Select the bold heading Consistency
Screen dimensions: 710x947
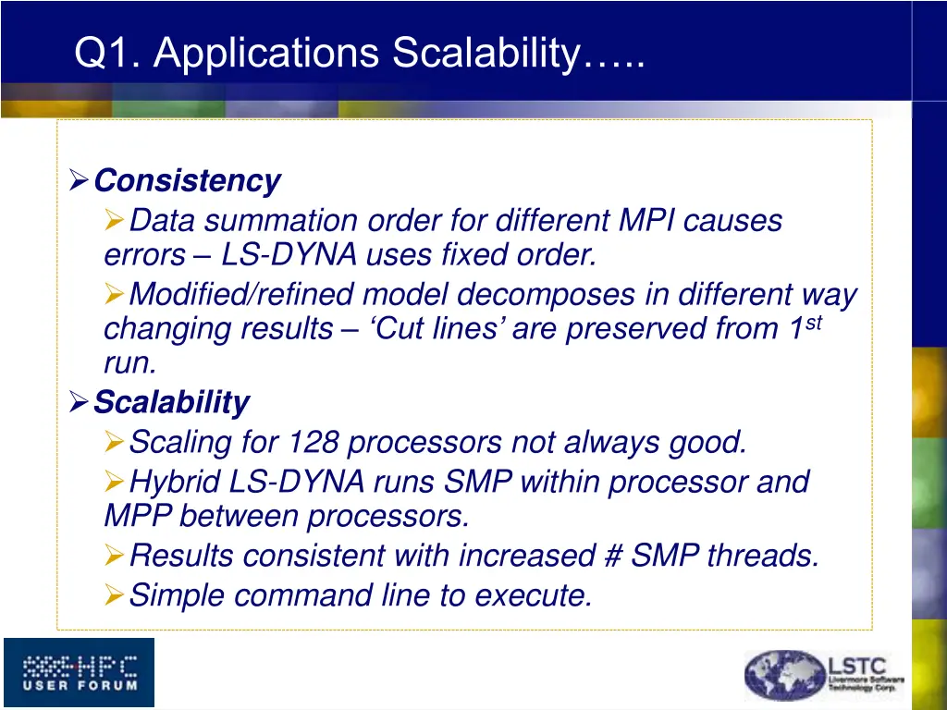(187, 180)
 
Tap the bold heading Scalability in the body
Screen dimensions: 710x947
(171, 403)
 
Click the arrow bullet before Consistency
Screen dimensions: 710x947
(80, 180)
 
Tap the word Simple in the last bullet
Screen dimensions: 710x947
(178, 595)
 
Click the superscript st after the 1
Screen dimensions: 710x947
(811, 321)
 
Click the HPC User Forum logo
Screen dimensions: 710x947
(79, 672)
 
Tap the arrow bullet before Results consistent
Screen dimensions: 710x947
(114, 556)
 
